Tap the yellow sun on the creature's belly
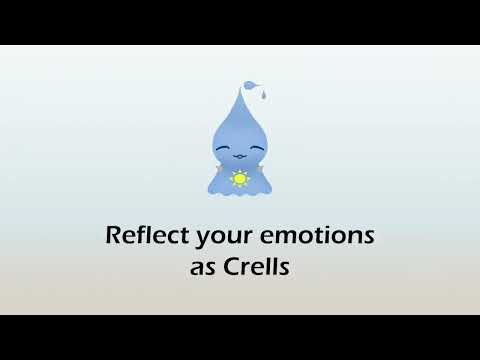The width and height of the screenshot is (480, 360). pyautogui.click(x=239, y=179)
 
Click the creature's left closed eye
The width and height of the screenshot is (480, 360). pyautogui.click(x=223, y=148)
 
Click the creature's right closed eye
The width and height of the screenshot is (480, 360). pyautogui.click(x=256, y=148)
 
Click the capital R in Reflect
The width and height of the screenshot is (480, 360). pyautogui.click(x=112, y=237)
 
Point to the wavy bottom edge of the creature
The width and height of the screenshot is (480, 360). pyautogui.click(x=240, y=192)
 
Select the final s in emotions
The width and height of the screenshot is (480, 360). pyautogui.click(x=369, y=239)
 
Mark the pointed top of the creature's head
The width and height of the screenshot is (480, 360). pyautogui.click(x=240, y=93)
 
